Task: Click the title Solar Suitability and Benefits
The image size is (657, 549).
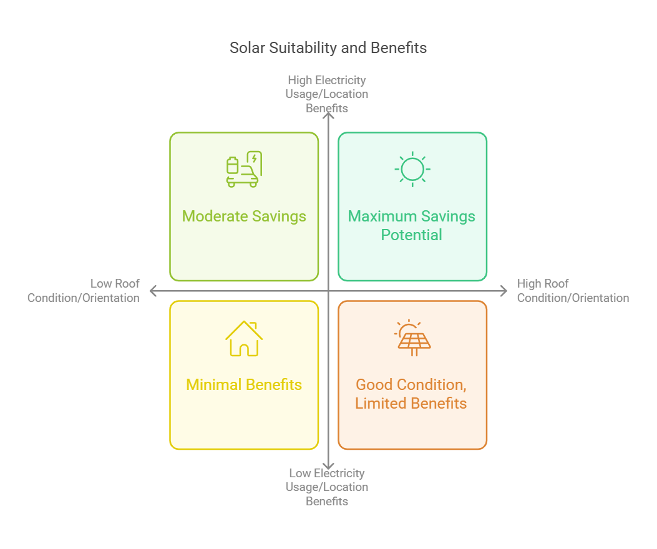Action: pos(328,48)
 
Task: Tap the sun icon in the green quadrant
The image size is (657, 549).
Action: pos(412,169)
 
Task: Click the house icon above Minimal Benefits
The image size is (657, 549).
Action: pos(244,338)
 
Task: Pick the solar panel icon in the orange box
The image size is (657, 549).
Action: pos(412,338)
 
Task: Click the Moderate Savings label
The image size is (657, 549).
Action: pos(244,216)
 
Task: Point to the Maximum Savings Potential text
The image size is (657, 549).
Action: pos(412,225)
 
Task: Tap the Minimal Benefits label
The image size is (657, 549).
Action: pos(244,385)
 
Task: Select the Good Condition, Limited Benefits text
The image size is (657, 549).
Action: pos(411,394)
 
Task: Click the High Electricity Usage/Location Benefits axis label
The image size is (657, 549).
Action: pos(327,94)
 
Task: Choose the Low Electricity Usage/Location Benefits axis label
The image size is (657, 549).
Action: pos(327,487)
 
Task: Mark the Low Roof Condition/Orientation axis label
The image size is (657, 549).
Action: pos(84,291)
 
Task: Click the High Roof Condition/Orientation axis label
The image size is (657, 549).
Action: pos(573,291)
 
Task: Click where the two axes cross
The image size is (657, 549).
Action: pos(328,291)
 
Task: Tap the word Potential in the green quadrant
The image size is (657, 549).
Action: pos(412,235)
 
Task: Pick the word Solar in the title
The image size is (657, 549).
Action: pos(247,48)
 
